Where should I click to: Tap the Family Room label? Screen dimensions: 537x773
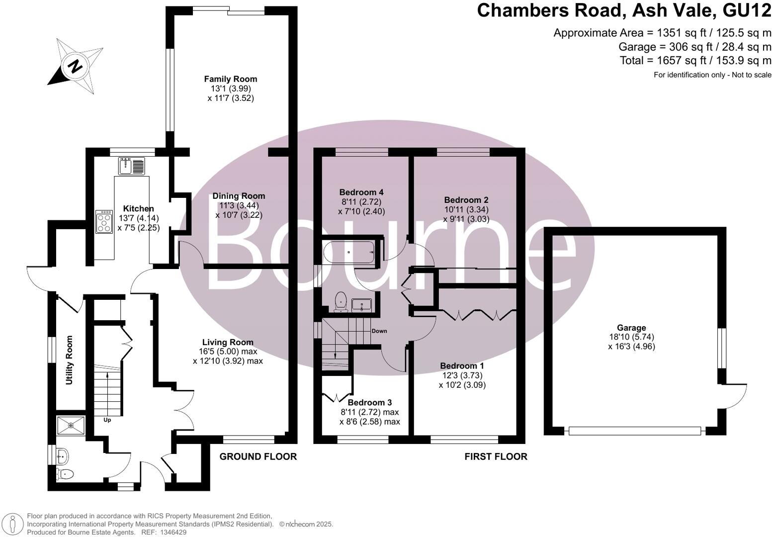coord(231,79)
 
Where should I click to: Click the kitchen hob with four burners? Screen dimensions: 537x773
coord(104,222)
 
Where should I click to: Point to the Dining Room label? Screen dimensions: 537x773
coord(239,196)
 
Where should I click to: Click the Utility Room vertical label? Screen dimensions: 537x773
coord(69,360)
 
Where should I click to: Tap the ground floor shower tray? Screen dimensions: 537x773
coord(71,426)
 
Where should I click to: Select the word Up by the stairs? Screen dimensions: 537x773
coord(107,420)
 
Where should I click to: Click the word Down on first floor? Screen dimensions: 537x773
coord(379,331)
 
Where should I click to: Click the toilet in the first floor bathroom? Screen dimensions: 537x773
coord(341,301)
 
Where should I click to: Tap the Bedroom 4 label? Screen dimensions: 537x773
coord(361,192)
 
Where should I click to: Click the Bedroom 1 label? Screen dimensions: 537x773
coord(462,366)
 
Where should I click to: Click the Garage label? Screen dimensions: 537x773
coord(631,328)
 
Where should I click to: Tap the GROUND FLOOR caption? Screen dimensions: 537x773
coord(258,456)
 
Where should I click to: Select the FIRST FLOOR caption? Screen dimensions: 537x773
coord(496,456)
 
